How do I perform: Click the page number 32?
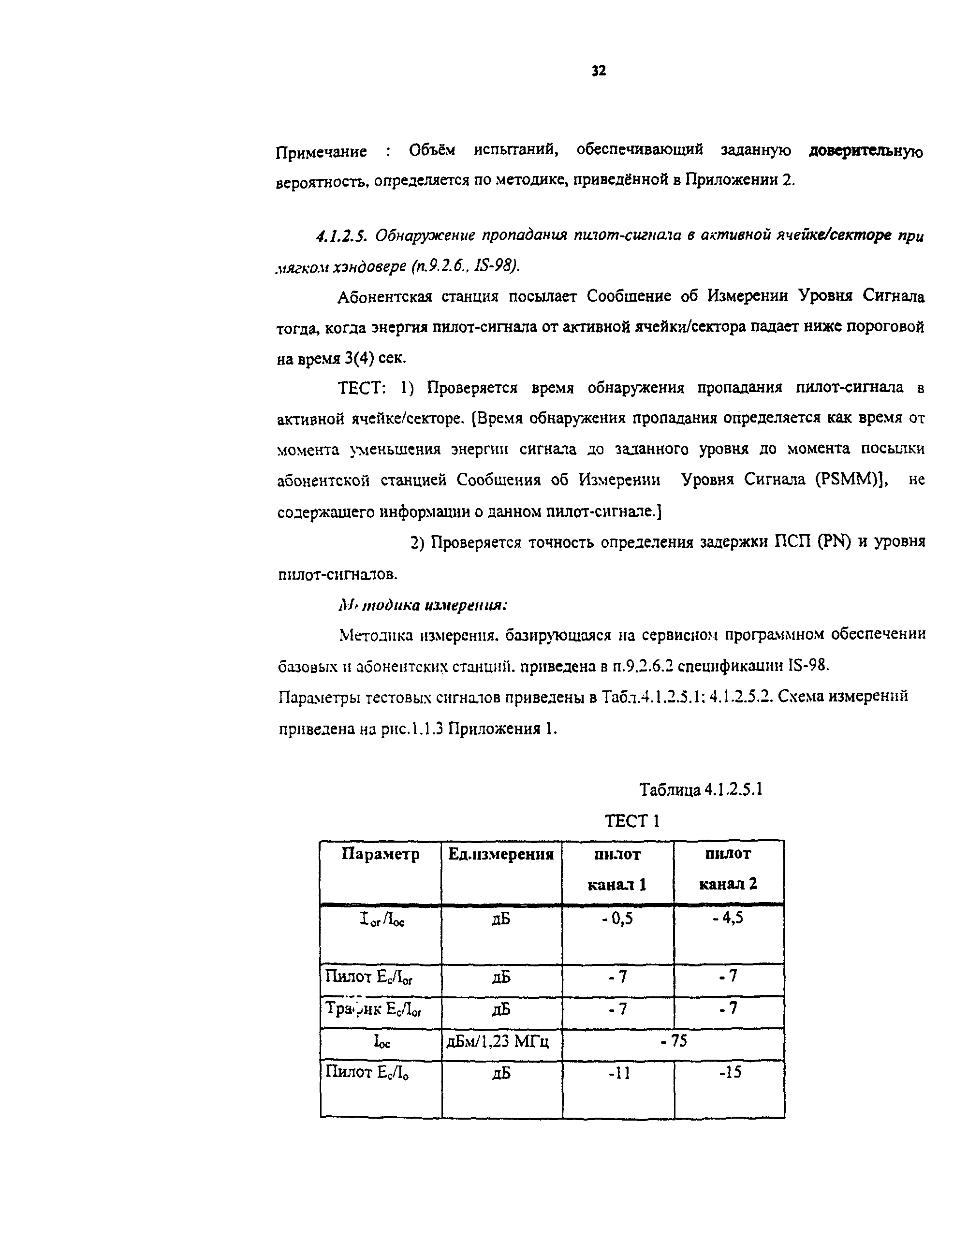[x=599, y=71]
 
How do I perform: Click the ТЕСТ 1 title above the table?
[x=631, y=821]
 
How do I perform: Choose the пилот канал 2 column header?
[x=728, y=869]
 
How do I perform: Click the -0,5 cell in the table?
[x=617, y=919]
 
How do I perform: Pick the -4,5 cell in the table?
[x=728, y=918]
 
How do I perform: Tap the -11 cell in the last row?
[x=618, y=1073]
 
